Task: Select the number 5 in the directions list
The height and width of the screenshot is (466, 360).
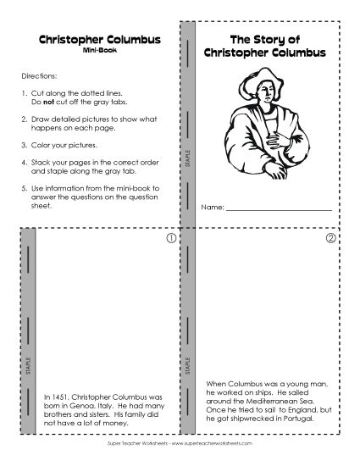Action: [x=23, y=185]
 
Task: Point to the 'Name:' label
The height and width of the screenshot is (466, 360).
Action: [x=212, y=207]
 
